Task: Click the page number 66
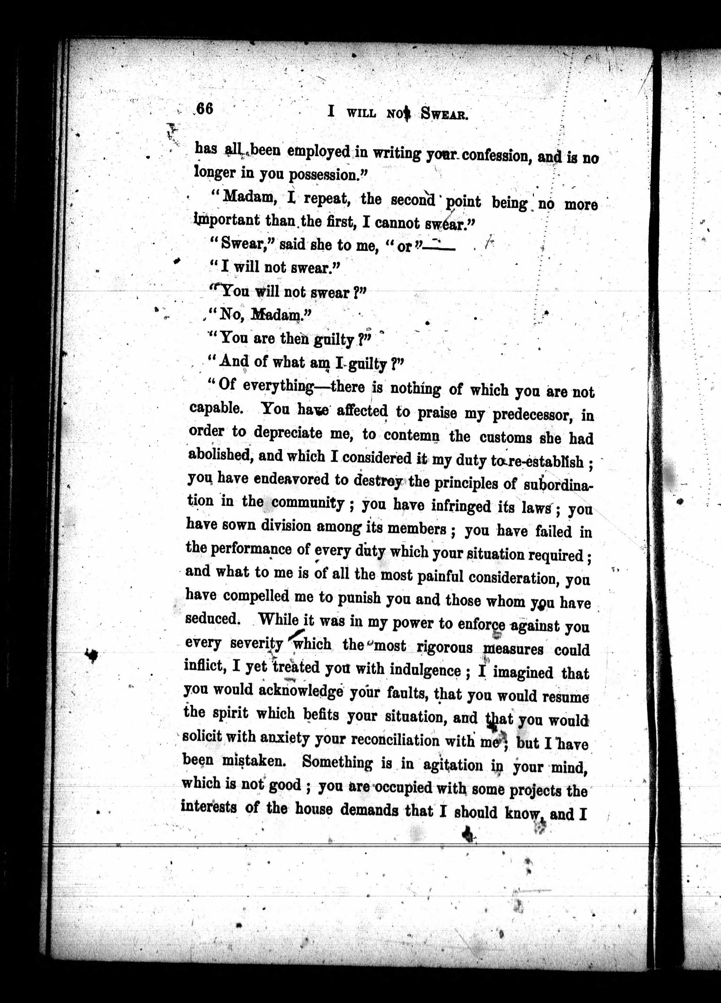click(205, 108)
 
